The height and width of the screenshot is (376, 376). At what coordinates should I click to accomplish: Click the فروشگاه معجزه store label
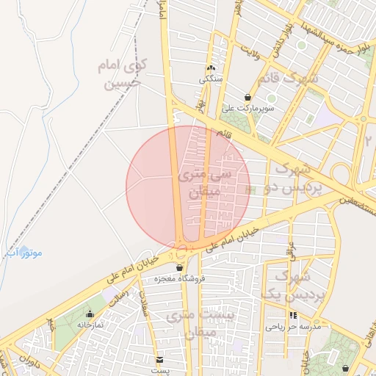[x=179, y=279]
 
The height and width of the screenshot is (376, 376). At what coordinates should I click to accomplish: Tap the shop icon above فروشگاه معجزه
[x=179, y=268]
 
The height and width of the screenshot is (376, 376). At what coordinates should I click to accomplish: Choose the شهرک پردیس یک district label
[x=283, y=286]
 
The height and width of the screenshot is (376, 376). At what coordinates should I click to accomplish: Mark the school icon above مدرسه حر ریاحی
[x=293, y=315]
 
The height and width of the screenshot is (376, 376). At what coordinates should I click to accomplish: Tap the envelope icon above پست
[x=159, y=359]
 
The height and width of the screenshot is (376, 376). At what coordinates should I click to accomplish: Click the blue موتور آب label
[x=24, y=253]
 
